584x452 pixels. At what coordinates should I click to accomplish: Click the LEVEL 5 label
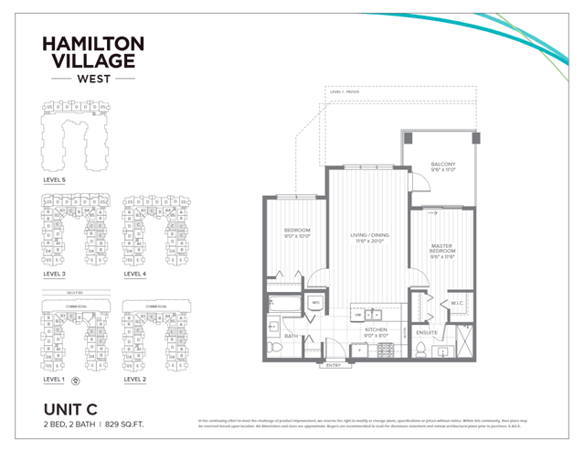point(55,180)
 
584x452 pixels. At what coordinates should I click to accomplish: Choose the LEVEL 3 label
point(55,273)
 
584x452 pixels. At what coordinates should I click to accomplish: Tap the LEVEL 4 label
point(135,273)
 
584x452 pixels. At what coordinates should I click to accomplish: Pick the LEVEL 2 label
point(135,378)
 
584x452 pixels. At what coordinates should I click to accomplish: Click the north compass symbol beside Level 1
point(75,378)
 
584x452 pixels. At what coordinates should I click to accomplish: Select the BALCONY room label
point(443,165)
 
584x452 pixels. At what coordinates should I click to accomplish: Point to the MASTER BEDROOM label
point(442,248)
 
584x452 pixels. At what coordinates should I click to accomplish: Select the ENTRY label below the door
point(334,366)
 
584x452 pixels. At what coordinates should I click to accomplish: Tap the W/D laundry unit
point(314,303)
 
